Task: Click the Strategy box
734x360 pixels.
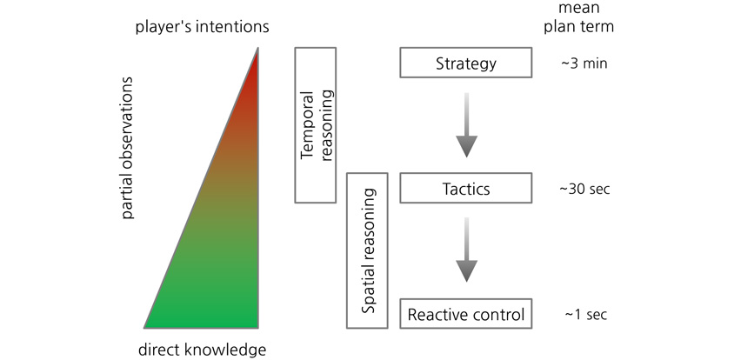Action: click(466, 63)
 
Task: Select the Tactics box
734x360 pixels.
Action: click(466, 188)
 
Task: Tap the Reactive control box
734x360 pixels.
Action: click(466, 313)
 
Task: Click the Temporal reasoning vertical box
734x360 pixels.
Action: click(315, 124)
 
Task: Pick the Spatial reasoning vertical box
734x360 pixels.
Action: click(367, 250)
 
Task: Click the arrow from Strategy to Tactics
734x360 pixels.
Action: click(466, 125)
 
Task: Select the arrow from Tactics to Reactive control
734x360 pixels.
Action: click(466, 250)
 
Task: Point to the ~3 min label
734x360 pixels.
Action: click(584, 63)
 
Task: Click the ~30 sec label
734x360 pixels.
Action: click(584, 189)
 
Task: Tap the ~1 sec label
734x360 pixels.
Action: click(585, 314)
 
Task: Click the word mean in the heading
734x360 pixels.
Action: click(579, 8)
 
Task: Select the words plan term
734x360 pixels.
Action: click(579, 26)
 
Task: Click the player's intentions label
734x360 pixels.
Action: click(203, 27)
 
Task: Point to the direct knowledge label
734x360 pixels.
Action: click(203, 350)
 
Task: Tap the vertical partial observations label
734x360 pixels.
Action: click(127, 148)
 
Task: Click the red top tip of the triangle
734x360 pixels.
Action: click(257, 48)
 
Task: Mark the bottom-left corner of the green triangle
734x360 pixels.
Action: click(144, 327)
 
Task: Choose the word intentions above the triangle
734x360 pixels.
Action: click(234, 26)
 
